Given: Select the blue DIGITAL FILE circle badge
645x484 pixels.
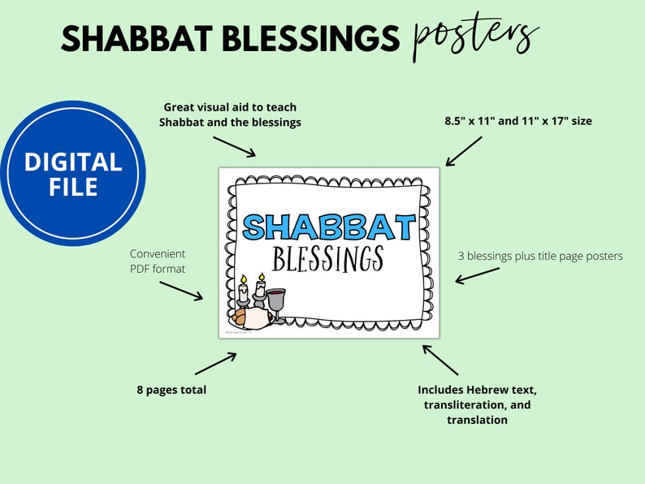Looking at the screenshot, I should click(x=72, y=175).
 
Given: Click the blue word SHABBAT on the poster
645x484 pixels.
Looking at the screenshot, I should click(x=329, y=227).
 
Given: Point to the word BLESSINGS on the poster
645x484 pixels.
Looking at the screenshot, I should click(x=328, y=259).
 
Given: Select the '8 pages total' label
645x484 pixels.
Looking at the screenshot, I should click(x=171, y=390).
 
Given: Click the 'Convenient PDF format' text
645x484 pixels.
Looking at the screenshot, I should click(x=158, y=261).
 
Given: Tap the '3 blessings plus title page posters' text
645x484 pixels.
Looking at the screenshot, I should click(x=540, y=256).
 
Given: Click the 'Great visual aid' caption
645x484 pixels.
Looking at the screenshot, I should click(x=231, y=115).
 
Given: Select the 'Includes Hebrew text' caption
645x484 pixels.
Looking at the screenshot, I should click(x=477, y=404).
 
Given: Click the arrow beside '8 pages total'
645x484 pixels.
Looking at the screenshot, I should click(x=215, y=362).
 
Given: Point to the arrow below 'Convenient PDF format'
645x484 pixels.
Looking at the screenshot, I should click(x=180, y=291).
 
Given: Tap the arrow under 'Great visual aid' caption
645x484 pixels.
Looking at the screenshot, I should click(x=233, y=146).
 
